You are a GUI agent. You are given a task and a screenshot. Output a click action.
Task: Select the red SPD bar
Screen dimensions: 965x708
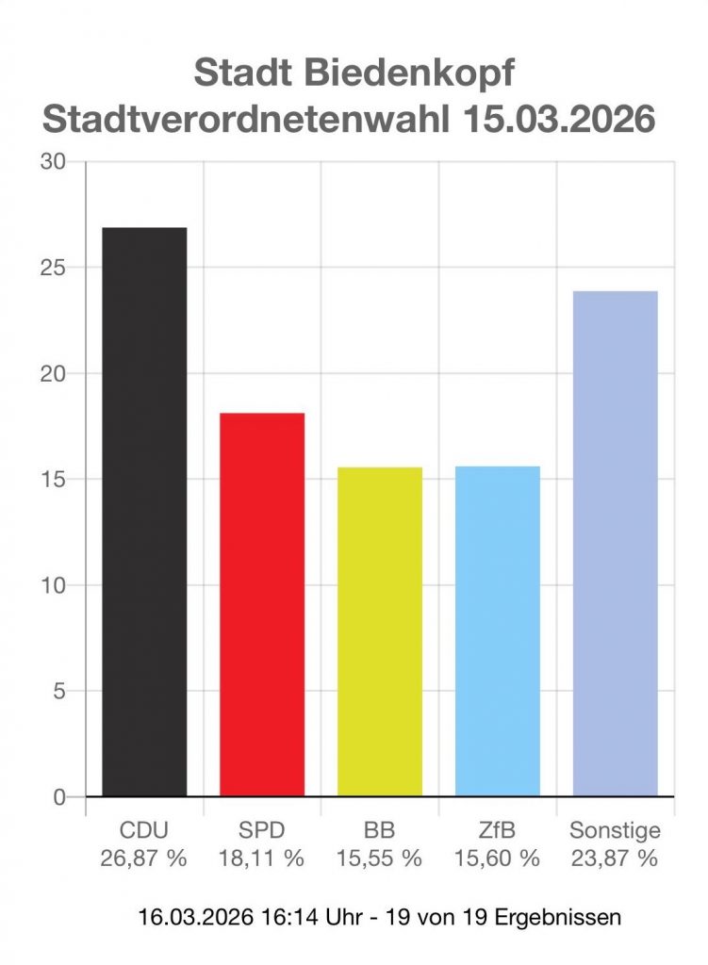[262, 604]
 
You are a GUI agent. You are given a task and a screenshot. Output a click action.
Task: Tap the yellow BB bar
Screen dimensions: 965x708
[380, 631]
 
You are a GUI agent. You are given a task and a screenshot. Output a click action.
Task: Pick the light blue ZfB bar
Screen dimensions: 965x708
[498, 631]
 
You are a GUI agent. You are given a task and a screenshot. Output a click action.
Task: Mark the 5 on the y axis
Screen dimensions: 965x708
[59, 692]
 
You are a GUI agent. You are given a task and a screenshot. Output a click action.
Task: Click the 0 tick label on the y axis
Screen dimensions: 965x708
[59, 797]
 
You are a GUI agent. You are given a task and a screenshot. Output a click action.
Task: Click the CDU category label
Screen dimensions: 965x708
[144, 831]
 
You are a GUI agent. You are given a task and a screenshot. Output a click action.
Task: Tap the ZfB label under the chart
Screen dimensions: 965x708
[498, 831]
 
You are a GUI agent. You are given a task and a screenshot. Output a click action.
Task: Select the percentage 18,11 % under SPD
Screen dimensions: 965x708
[262, 858]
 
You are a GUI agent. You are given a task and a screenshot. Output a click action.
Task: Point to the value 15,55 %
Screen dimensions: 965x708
[380, 858]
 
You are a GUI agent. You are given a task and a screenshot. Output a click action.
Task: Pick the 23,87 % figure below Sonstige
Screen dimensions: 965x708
[615, 858]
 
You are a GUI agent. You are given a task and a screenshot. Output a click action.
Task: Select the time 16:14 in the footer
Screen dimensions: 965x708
[272, 916]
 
